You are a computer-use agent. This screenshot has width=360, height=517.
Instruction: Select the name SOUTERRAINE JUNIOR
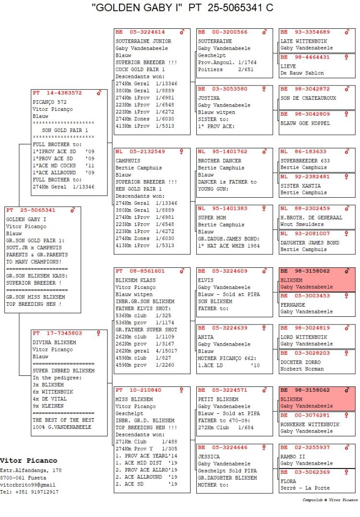(x=143, y=41)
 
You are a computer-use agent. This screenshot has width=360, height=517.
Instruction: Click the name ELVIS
(x=206, y=280)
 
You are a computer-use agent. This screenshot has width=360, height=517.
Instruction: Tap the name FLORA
(x=288, y=481)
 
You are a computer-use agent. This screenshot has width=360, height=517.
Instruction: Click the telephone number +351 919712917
(x=35, y=492)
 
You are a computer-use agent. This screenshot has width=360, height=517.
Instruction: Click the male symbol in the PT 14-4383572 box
(x=99, y=93)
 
